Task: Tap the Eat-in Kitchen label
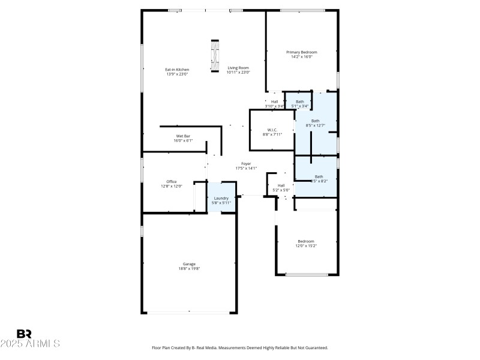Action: (x=177, y=69)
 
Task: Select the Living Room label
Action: (x=238, y=68)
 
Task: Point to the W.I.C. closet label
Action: (x=272, y=130)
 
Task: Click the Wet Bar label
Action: (x=183, y=136)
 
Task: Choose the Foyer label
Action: (x=246, y=164)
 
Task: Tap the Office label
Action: (x=172, y=181)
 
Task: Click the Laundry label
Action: (x=221, y=198)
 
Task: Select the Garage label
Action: (x=189, y=263)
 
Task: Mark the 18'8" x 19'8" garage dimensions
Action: (x=189, y=269)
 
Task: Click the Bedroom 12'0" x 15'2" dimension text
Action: (x=306, y=246)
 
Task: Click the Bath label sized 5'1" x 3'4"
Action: (x=299, y=101)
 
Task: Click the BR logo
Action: (x=24, y=334)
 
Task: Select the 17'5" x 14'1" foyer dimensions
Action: (x=246, y=169)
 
